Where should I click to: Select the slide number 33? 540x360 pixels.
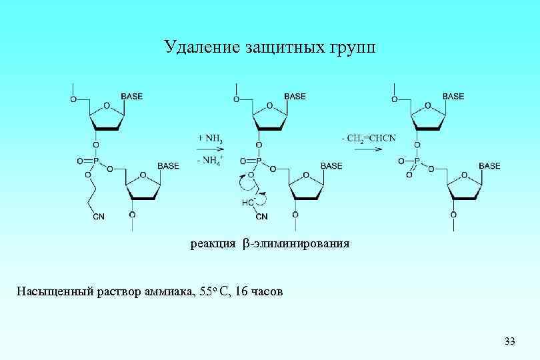[510, 341]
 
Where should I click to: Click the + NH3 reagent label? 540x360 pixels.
[209, 138]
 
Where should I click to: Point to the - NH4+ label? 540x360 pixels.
[210, 161]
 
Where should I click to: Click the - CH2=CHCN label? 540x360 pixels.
[369, 138]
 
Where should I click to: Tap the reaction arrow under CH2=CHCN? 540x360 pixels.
[368, 150]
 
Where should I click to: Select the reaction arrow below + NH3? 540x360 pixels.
[209, 150]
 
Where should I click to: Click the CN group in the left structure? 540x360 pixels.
[99, 216]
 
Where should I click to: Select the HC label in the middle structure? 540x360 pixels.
[248, 201]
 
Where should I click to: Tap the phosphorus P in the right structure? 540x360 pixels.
[418, 161]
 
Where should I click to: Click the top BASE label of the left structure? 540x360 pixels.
[131, 97]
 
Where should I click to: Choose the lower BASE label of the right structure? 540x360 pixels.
[489, 165]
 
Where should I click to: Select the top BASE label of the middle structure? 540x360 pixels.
[295, 97]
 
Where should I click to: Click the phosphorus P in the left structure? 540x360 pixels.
[95, 161]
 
